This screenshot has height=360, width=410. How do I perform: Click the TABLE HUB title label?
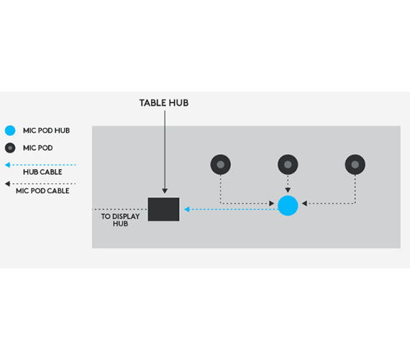[x=164, y=103]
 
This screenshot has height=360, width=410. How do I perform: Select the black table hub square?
[x=164, y=210]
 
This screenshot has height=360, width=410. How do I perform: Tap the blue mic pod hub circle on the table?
[x=288, y=205]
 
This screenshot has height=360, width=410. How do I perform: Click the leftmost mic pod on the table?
[x=220, y=164]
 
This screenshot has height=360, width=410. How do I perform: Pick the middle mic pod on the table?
[x=288, y=164]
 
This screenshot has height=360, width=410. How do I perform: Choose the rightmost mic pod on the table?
[x=355, y=164]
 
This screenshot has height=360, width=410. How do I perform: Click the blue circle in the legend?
[x=10, y=130]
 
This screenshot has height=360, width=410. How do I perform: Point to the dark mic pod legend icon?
[x=10, y=148]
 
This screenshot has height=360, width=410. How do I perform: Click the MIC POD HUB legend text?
[x=46, y=130]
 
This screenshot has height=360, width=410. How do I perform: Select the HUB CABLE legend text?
[x=42, y=172]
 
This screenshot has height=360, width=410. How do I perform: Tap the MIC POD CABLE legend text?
[x=42, y=191]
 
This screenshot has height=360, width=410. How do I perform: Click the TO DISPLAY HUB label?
[x=120, y=220]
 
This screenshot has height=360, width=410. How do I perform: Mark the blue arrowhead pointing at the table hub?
[x=187, y=210]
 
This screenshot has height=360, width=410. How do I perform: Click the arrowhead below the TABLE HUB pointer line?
[x=165, y=191]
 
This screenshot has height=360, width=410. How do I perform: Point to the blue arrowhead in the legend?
[x=8, y=165]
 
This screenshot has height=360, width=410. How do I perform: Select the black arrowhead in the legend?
[x=8, y=184]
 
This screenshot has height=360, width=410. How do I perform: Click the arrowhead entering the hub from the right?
[x=304, y=203]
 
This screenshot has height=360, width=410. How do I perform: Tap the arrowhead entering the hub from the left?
[x=271, y=203]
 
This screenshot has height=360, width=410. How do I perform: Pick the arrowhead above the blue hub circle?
[x=288, y=190]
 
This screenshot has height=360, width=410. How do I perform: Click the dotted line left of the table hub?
[x=120, y=210]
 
